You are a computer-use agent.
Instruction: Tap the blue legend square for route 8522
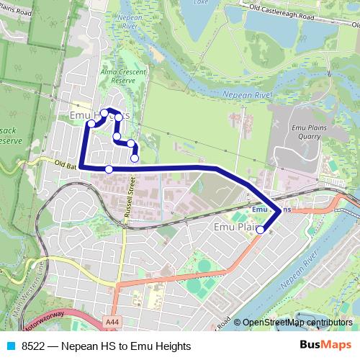12,346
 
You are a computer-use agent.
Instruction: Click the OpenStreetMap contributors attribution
297,323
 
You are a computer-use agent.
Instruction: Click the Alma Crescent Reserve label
119,77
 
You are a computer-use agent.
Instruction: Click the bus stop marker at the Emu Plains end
260,230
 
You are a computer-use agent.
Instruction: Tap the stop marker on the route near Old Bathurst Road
109,169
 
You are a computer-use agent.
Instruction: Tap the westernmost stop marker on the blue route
91,123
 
